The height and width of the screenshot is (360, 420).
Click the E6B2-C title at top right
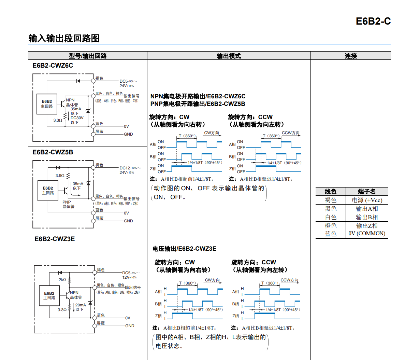[373, 21]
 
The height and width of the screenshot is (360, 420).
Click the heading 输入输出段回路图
[64, 38]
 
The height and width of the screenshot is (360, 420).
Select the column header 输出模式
[229, 56]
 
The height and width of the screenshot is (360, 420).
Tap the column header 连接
[350, 56]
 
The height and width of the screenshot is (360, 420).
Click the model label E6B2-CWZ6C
[53, 66]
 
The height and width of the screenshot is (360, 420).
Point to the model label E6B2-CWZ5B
[53, 152]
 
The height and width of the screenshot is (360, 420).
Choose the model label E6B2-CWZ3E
[55, 239]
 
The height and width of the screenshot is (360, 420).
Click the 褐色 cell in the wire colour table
[330, 200]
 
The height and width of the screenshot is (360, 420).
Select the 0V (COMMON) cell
[367, 234]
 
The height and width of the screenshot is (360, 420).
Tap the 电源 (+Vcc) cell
[367, 200]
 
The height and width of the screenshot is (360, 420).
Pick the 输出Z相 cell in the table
[367, 225]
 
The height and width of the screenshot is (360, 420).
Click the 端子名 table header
[367, 192]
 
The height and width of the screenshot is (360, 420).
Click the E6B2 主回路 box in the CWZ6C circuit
[47, 104]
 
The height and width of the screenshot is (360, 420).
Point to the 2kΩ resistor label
[62, 280]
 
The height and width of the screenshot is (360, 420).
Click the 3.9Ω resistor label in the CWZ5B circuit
[60, 176]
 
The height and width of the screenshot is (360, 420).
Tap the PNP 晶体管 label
[68, 204]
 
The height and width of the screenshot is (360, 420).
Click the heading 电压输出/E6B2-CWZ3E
[184, 249]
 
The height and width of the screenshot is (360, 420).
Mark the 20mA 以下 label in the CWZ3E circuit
[80, 307]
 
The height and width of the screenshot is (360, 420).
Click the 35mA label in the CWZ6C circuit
[76, 109]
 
